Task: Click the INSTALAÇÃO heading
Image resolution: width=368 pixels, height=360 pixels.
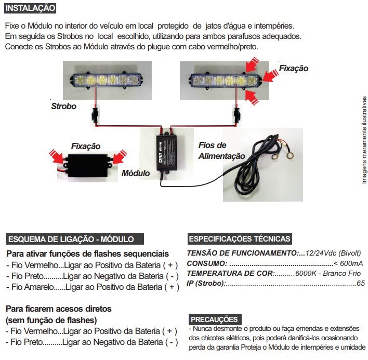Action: [x=30, y=8]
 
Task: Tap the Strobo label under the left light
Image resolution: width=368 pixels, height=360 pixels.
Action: [x=63, y=106]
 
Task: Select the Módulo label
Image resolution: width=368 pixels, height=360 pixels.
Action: [x=136, y=173]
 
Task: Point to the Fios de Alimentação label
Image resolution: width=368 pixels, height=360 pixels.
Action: [x=221, y=150]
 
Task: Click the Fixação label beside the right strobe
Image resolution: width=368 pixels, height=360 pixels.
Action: [x=293, y=68]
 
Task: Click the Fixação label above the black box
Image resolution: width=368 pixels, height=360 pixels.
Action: [x=86, y=146]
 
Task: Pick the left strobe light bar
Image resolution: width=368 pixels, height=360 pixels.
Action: [x=107, y=81]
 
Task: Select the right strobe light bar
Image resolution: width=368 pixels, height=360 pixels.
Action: [x=225, y=81]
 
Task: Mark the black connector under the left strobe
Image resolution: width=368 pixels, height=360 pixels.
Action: [x=95, y=115]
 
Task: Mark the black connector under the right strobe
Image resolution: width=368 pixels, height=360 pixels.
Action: [x=237, y=115]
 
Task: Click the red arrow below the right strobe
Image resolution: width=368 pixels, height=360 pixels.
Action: [x=252, y=97]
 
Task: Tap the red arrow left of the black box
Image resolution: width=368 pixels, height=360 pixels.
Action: [x=57, y=156]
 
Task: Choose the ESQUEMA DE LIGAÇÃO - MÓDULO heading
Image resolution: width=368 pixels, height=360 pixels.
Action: [x=75, y=239]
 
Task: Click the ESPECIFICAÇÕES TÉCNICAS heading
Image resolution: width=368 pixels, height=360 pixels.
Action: [x=240, y=239]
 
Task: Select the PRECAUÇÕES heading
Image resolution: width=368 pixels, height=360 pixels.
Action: [x=215, y=319]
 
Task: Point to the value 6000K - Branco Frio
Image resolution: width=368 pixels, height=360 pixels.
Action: [x=328, y=273]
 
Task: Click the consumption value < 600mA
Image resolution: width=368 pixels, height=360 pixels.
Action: [x=348, y=263]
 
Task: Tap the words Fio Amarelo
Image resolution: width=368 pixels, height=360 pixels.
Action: [x=32, y=287]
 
